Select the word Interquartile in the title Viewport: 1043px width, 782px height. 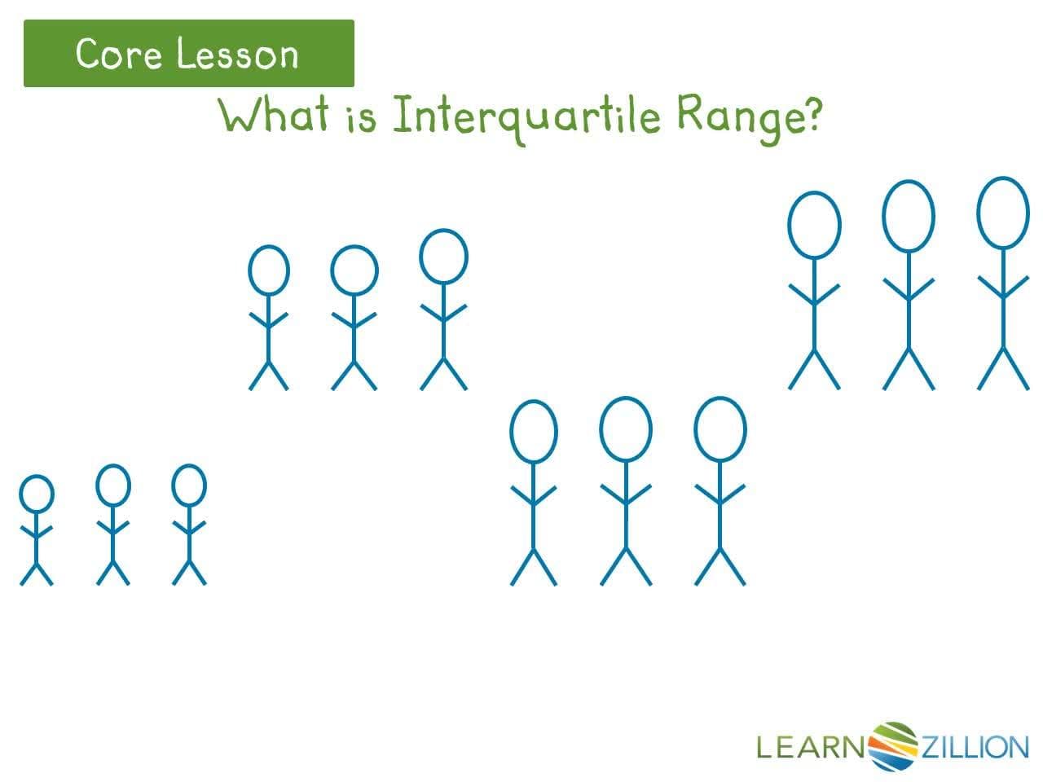[526, 117]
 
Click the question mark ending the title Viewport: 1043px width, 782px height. [811, 116]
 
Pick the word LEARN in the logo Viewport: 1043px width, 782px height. [809, 746]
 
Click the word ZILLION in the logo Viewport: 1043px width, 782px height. [974, 746]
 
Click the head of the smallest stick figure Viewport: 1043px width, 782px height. [36, 494]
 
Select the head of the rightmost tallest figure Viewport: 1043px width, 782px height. [1003, 213]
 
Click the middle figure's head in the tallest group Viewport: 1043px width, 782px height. [908, 216]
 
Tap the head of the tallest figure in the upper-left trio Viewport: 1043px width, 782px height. [443, 256]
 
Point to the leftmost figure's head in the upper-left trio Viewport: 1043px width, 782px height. [268, 270]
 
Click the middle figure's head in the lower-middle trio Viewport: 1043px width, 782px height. [626, 429]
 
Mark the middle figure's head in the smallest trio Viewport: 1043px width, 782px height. [112, 485]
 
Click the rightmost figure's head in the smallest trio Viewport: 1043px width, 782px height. [189, 485]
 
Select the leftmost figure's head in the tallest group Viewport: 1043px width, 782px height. [814, 225]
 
